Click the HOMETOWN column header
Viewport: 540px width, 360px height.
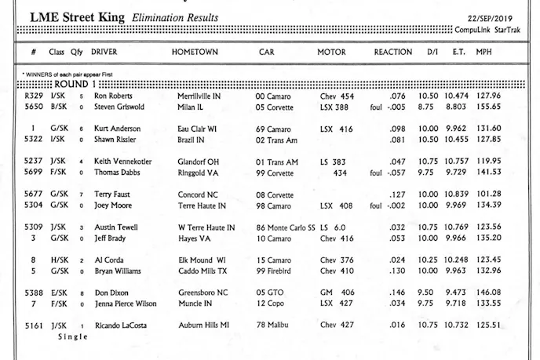point(195,53)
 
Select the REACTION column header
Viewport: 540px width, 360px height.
point(392,53)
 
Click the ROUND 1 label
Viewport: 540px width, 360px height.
point(76,84)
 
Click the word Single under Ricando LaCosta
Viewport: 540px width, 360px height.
point(74,336)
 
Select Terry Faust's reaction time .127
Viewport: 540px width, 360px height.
point(398,194)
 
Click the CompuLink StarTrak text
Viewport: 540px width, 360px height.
point(494,29)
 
